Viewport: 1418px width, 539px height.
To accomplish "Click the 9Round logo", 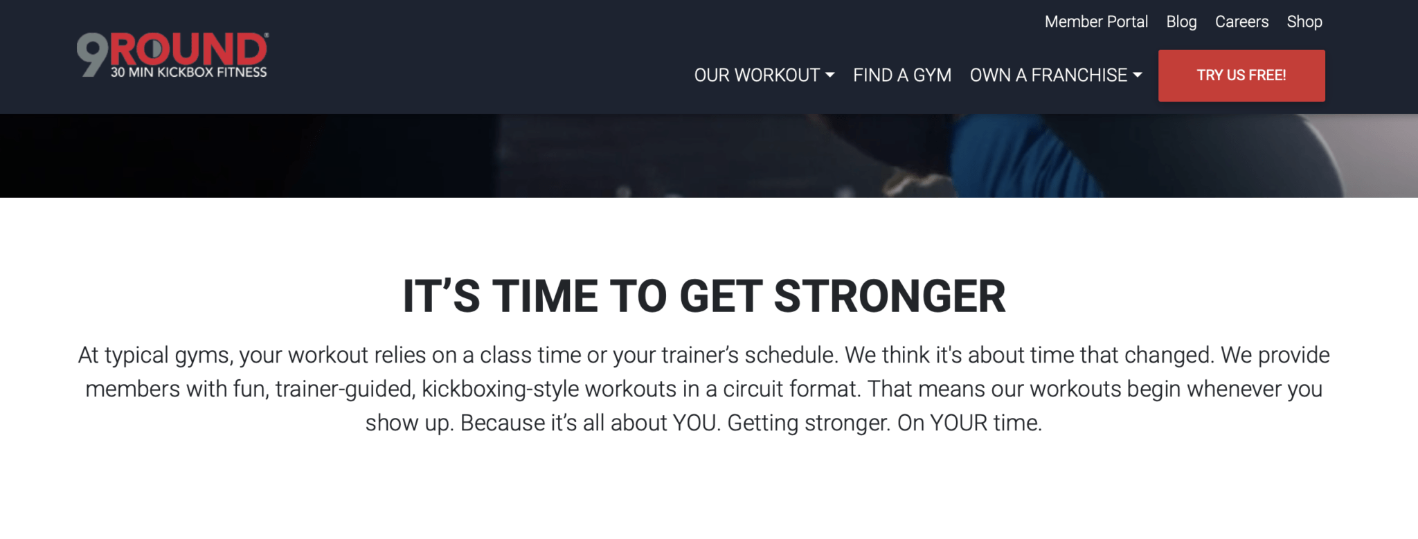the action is tap(172, 55).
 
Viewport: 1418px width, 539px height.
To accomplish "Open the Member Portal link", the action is tap(1096, 22).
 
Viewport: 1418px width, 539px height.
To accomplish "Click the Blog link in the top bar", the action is tap(1181, 22).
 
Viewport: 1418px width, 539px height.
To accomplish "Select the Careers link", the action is tap(1241, 22).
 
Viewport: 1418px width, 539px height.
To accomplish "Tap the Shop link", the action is tap(1304, 22).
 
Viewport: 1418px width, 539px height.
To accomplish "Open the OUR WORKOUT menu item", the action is tap(757, 75).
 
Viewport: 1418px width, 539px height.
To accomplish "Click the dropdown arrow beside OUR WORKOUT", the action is tap(829, 75).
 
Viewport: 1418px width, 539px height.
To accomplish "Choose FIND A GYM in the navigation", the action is tap(902, 75).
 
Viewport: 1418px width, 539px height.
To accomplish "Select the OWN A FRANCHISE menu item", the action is tap(1048, 75).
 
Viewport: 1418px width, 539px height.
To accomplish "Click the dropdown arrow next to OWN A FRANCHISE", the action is tap(1137, 75).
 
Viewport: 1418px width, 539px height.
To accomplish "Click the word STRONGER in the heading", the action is tap(890, 296).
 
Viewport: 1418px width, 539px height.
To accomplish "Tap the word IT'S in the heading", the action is tap(442, 296).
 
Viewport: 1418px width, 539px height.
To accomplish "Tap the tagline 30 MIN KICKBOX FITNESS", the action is tap(188, 72).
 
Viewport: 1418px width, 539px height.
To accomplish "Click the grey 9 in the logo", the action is tap(92, 55).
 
